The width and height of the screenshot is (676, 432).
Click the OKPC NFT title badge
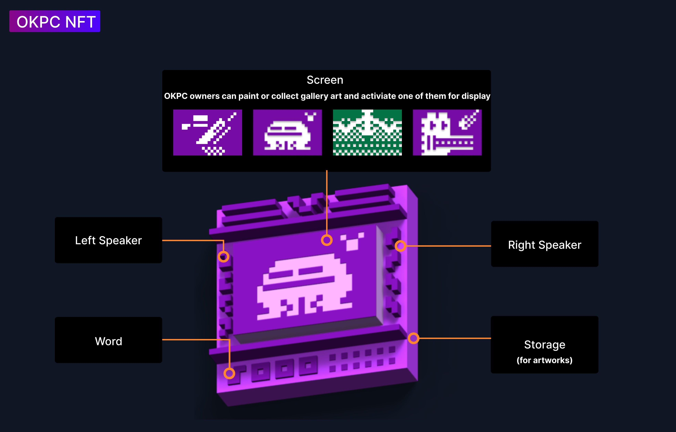[55, 21]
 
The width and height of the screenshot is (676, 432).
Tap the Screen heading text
[325, 80]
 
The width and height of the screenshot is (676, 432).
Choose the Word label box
[108, 340]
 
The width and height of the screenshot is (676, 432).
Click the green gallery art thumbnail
[367, 132]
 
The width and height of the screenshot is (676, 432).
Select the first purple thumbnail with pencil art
[207, 132]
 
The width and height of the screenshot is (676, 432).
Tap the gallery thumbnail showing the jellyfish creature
[287, 132]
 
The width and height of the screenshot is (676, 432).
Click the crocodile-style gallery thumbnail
[447, 132]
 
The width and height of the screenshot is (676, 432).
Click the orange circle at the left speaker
[223, 257]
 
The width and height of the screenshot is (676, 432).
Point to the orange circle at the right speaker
[400, 246]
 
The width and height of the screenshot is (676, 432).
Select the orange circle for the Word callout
[229, 373]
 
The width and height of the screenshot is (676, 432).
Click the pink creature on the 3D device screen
[305, 286]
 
